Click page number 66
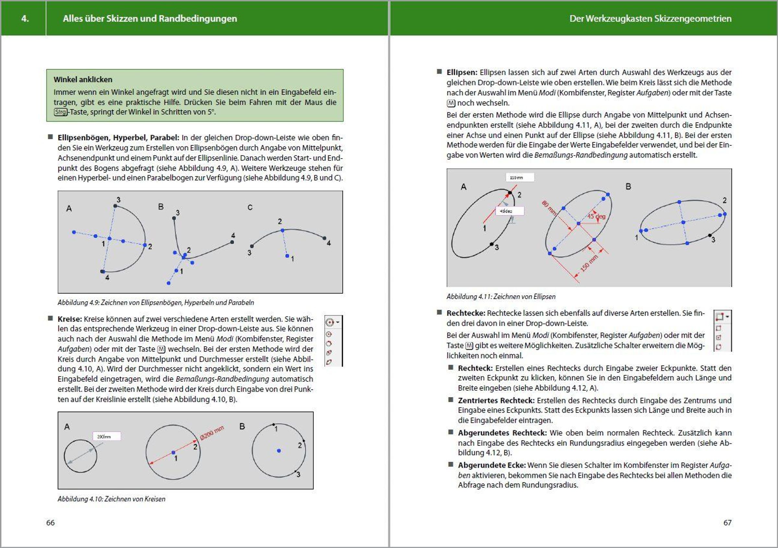tap(50, 523)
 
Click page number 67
tap(727, 523)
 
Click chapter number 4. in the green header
tap(25, 18)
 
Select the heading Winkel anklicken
tap(83, 80)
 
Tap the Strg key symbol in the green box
tap(61, 112)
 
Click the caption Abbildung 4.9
tap(156, 303)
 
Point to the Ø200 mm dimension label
tap(212, 433)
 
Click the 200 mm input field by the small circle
tap(106, 436)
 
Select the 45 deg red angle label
tap(596, 216)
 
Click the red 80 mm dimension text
tap(548, 208)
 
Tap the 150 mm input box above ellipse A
tap(519, 178)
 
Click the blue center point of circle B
tap(278, 451)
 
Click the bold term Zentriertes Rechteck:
tap(496, 400)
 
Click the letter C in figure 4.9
tap(250, 208)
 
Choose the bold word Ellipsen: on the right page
tap(462, 73)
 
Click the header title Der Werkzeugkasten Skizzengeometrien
tap(650, 18)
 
